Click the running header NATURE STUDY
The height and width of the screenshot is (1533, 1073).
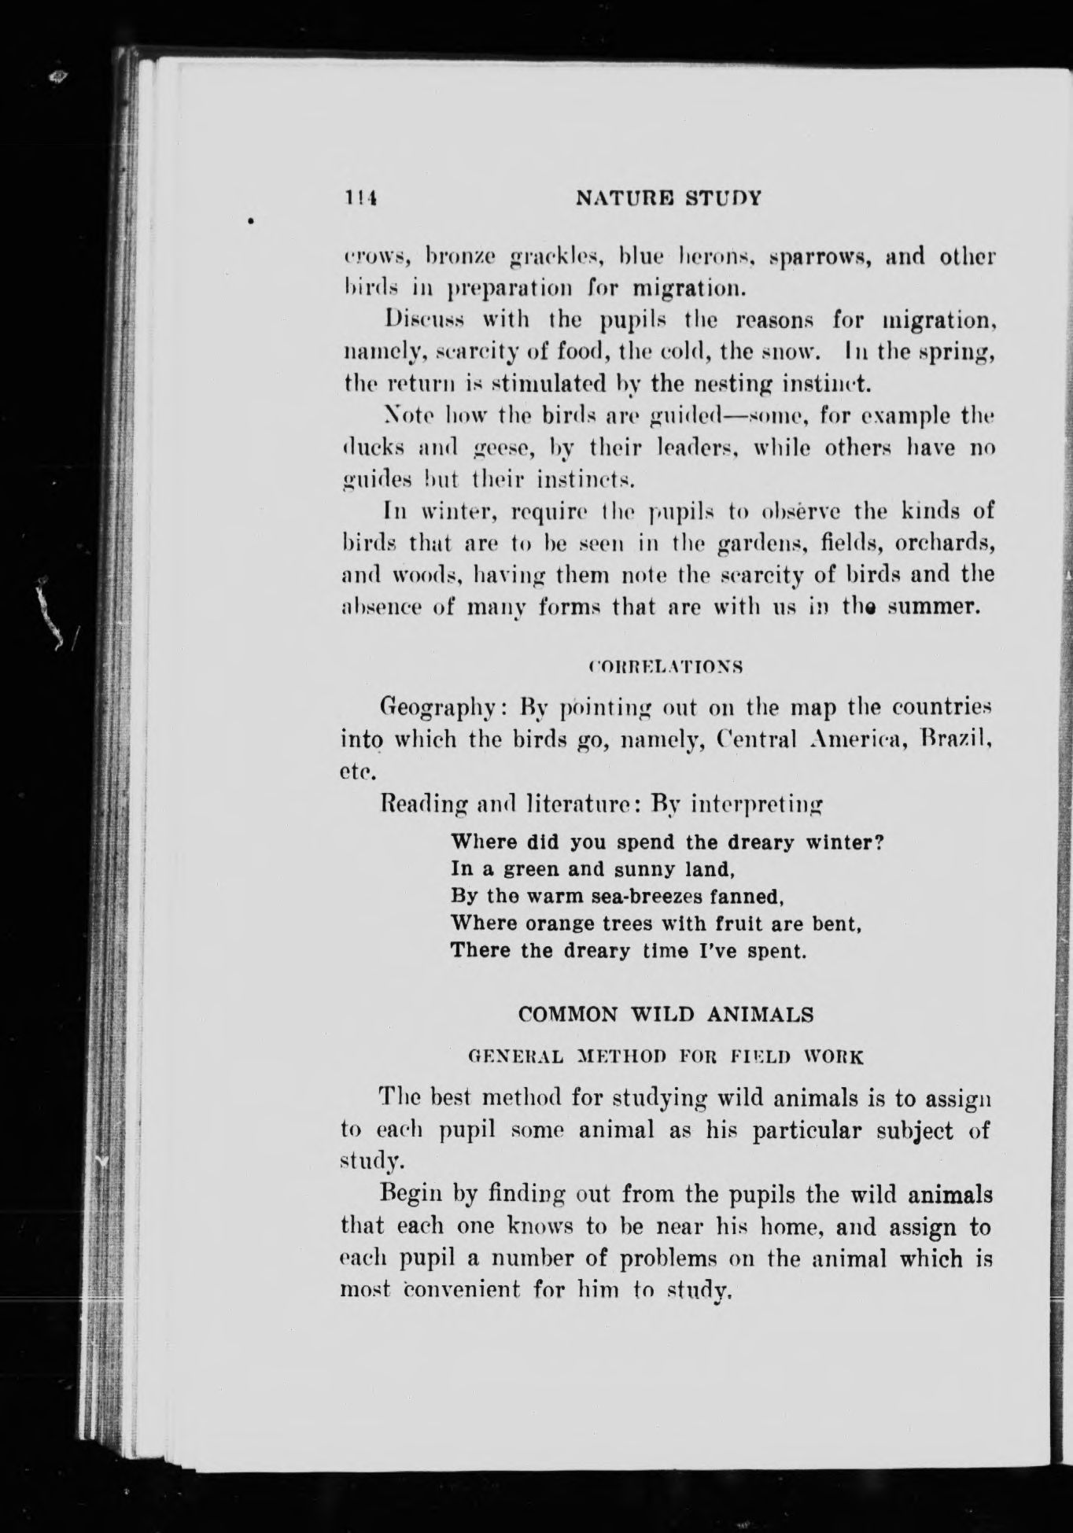click(x=669, y=198)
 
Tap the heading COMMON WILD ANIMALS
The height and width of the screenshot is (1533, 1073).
click(x=666, y=1015)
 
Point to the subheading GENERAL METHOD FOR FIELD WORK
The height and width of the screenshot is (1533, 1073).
click(x=666, y=1056)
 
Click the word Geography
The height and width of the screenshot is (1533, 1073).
click(x=437, y=707)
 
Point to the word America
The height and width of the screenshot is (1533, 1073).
click(x=858, y=739)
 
